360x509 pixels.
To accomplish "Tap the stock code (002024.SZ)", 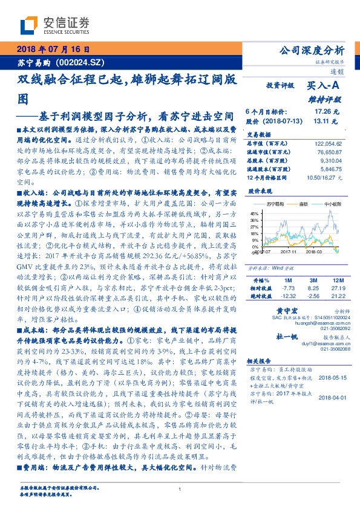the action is [80, 62].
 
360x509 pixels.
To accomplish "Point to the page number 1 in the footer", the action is [180, 490].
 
